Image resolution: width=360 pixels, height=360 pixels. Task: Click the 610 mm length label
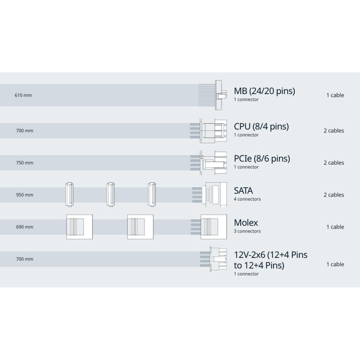23,95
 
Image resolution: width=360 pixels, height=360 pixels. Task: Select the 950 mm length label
24,195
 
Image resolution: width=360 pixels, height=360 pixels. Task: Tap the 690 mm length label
24,227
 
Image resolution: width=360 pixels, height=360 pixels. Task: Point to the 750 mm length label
24,163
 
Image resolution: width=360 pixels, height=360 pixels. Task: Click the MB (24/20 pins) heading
264,91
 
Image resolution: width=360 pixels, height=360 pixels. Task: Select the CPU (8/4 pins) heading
261,126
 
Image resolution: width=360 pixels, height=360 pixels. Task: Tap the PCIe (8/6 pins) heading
262,158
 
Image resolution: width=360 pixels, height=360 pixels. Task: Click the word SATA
243,190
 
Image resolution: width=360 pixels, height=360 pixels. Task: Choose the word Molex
246,222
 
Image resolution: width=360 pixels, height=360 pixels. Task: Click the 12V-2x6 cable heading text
270,260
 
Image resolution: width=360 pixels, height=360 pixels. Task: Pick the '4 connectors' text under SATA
247,199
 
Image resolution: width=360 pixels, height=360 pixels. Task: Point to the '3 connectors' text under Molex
247,231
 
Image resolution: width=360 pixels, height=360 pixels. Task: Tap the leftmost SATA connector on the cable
69,194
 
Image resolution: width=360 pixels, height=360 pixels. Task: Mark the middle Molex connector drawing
140,226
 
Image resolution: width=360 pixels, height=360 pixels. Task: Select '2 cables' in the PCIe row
333,163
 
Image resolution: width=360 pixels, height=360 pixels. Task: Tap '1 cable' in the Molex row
335,227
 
